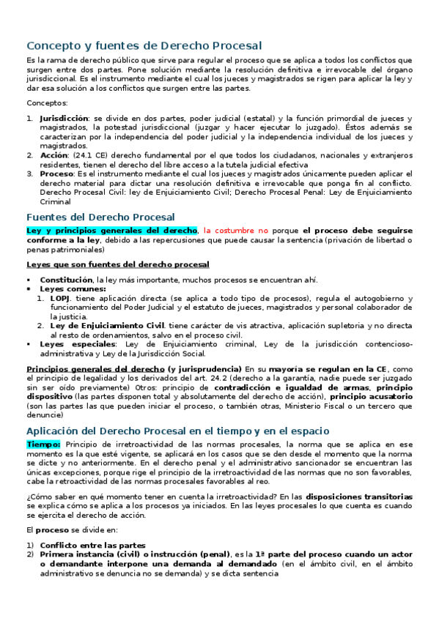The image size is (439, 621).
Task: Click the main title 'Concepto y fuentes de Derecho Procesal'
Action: (144, 45)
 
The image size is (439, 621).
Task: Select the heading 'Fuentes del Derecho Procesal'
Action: (100, 217)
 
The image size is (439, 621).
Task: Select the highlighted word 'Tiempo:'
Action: (44, 445)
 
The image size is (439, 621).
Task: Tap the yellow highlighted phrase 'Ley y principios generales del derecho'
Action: (112, 230)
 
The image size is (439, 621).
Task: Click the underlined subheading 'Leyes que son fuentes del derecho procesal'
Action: (117, 264)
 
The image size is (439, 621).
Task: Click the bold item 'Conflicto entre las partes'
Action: (92, 546)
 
